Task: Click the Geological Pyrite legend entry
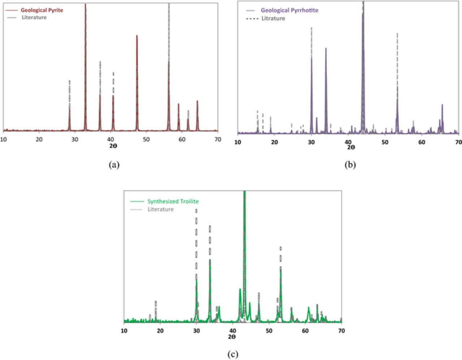point(42,10)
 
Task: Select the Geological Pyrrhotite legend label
point(289,10)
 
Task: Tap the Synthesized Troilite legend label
point(173,201)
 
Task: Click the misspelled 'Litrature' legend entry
point(273,18)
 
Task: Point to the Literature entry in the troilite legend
point(160,209)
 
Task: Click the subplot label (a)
point(114,165)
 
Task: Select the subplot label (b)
point(350,165)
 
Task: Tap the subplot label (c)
point(233,354)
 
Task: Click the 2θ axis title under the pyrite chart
point(113,146)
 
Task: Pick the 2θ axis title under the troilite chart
point(232,337)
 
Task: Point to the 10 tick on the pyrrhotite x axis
point(237,142)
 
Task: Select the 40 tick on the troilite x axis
point(232,331)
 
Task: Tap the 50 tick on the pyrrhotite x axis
point(385,142)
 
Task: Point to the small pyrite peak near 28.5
point(70,107)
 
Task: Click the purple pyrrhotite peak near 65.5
point(442,105)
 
